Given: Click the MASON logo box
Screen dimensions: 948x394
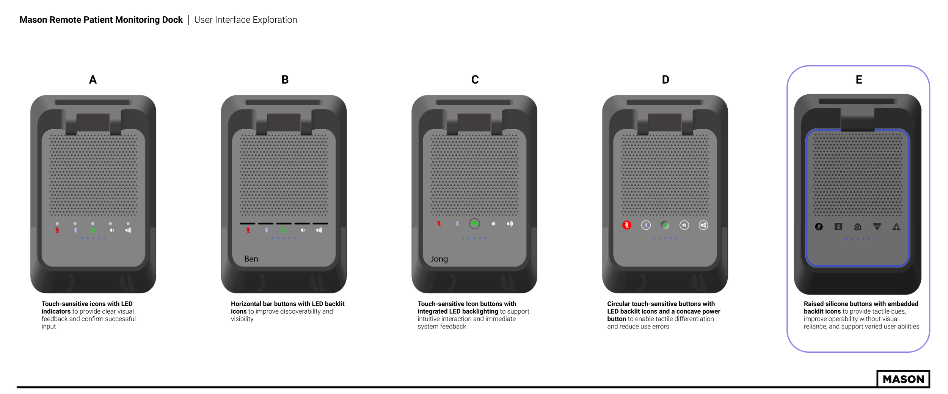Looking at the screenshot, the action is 903,379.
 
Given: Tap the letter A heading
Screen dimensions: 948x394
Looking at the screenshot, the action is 93,80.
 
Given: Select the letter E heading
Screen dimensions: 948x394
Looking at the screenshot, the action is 859,80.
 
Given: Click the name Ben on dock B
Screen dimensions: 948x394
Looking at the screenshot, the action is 251,259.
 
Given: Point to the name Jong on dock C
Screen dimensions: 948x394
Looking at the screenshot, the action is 439,259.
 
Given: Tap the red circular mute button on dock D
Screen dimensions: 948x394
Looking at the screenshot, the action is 627,225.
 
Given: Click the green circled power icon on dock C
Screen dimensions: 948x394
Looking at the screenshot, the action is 474,224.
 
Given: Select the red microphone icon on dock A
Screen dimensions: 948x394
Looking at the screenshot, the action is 57,230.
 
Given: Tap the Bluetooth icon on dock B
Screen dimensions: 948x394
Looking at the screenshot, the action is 266,230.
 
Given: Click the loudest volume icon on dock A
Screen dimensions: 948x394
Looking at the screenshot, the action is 129,230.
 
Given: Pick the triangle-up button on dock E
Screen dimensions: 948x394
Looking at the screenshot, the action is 896,227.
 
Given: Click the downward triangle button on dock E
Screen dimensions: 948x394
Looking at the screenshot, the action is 877,227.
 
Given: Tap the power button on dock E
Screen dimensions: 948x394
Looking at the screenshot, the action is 857,227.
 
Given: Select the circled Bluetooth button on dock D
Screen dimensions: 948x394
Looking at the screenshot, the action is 646,225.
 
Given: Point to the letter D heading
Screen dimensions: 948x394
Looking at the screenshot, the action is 665,80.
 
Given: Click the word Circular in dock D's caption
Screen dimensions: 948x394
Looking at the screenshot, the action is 619,304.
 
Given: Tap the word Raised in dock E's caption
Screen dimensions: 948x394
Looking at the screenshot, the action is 814,304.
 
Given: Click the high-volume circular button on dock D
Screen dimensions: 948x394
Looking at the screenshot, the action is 703,225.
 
